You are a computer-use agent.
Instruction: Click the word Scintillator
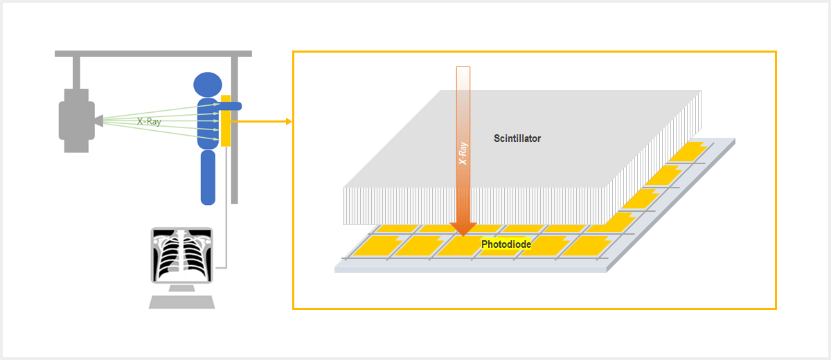point(517,138)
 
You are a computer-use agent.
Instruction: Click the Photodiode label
point(506,244)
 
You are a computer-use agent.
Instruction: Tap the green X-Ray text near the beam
point(149,121)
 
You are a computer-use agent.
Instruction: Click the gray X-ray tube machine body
point(75,120)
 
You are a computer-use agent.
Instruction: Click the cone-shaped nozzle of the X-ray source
point(98,121)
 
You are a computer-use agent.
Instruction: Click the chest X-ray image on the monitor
point(181,254)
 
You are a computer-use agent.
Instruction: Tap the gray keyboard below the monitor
point(182,302)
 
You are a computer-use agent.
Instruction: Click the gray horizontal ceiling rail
point(152,53)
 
